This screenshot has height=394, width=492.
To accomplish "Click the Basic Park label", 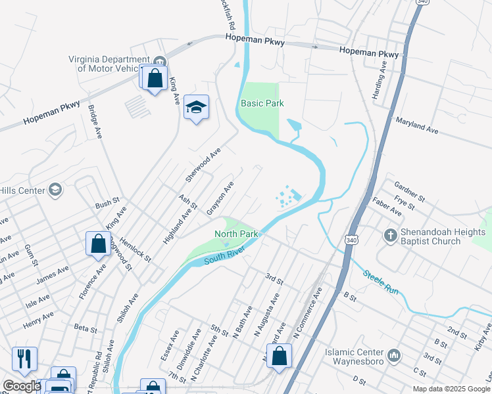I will coord(262,104).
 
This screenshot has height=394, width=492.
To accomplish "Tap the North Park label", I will coord(235,234).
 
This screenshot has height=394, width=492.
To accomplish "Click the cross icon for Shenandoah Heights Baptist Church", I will coord(390,235).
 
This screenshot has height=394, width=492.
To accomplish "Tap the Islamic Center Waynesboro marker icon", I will coord(393,355).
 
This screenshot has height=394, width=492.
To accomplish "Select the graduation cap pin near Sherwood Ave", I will coord(196,107).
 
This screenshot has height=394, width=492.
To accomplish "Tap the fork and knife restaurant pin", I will coord(24,359).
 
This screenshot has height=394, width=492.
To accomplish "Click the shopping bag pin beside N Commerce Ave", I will coord(280,357).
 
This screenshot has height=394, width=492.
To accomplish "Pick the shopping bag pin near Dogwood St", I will coord(98,244).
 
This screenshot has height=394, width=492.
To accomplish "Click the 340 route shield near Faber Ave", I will coord(349,242).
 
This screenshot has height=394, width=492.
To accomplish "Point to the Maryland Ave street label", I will coord(416,126).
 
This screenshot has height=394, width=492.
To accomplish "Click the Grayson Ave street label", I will coord(220,194).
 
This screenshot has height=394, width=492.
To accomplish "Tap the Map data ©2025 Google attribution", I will coord(451,389).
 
